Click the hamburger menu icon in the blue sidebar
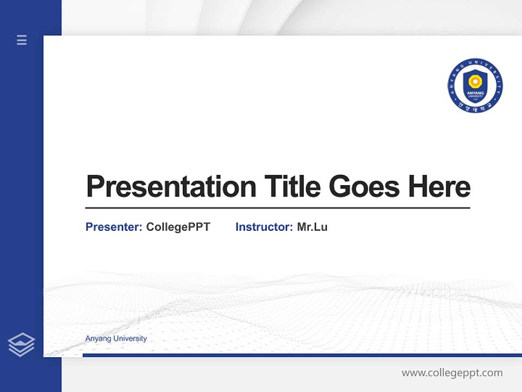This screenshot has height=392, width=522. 22,40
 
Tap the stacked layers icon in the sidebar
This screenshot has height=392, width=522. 21,345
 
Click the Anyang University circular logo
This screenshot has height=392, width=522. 475,85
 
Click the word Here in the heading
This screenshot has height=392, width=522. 439,187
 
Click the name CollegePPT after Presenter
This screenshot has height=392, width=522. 178,227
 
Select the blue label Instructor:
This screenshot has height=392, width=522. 264,227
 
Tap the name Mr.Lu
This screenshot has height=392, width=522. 312,227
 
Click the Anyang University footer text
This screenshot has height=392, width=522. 116,339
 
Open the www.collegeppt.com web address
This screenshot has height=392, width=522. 452,373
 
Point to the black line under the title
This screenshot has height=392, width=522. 277,208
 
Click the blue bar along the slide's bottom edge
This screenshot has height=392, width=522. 299,355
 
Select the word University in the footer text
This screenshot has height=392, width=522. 129,339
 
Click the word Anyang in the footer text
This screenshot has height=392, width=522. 96,339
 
